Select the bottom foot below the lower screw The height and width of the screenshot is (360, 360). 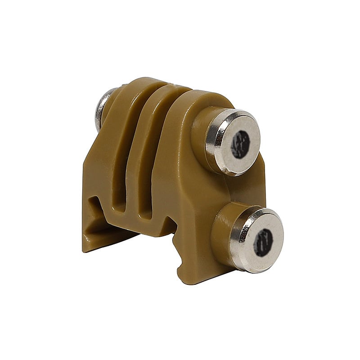pos(198,270)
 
